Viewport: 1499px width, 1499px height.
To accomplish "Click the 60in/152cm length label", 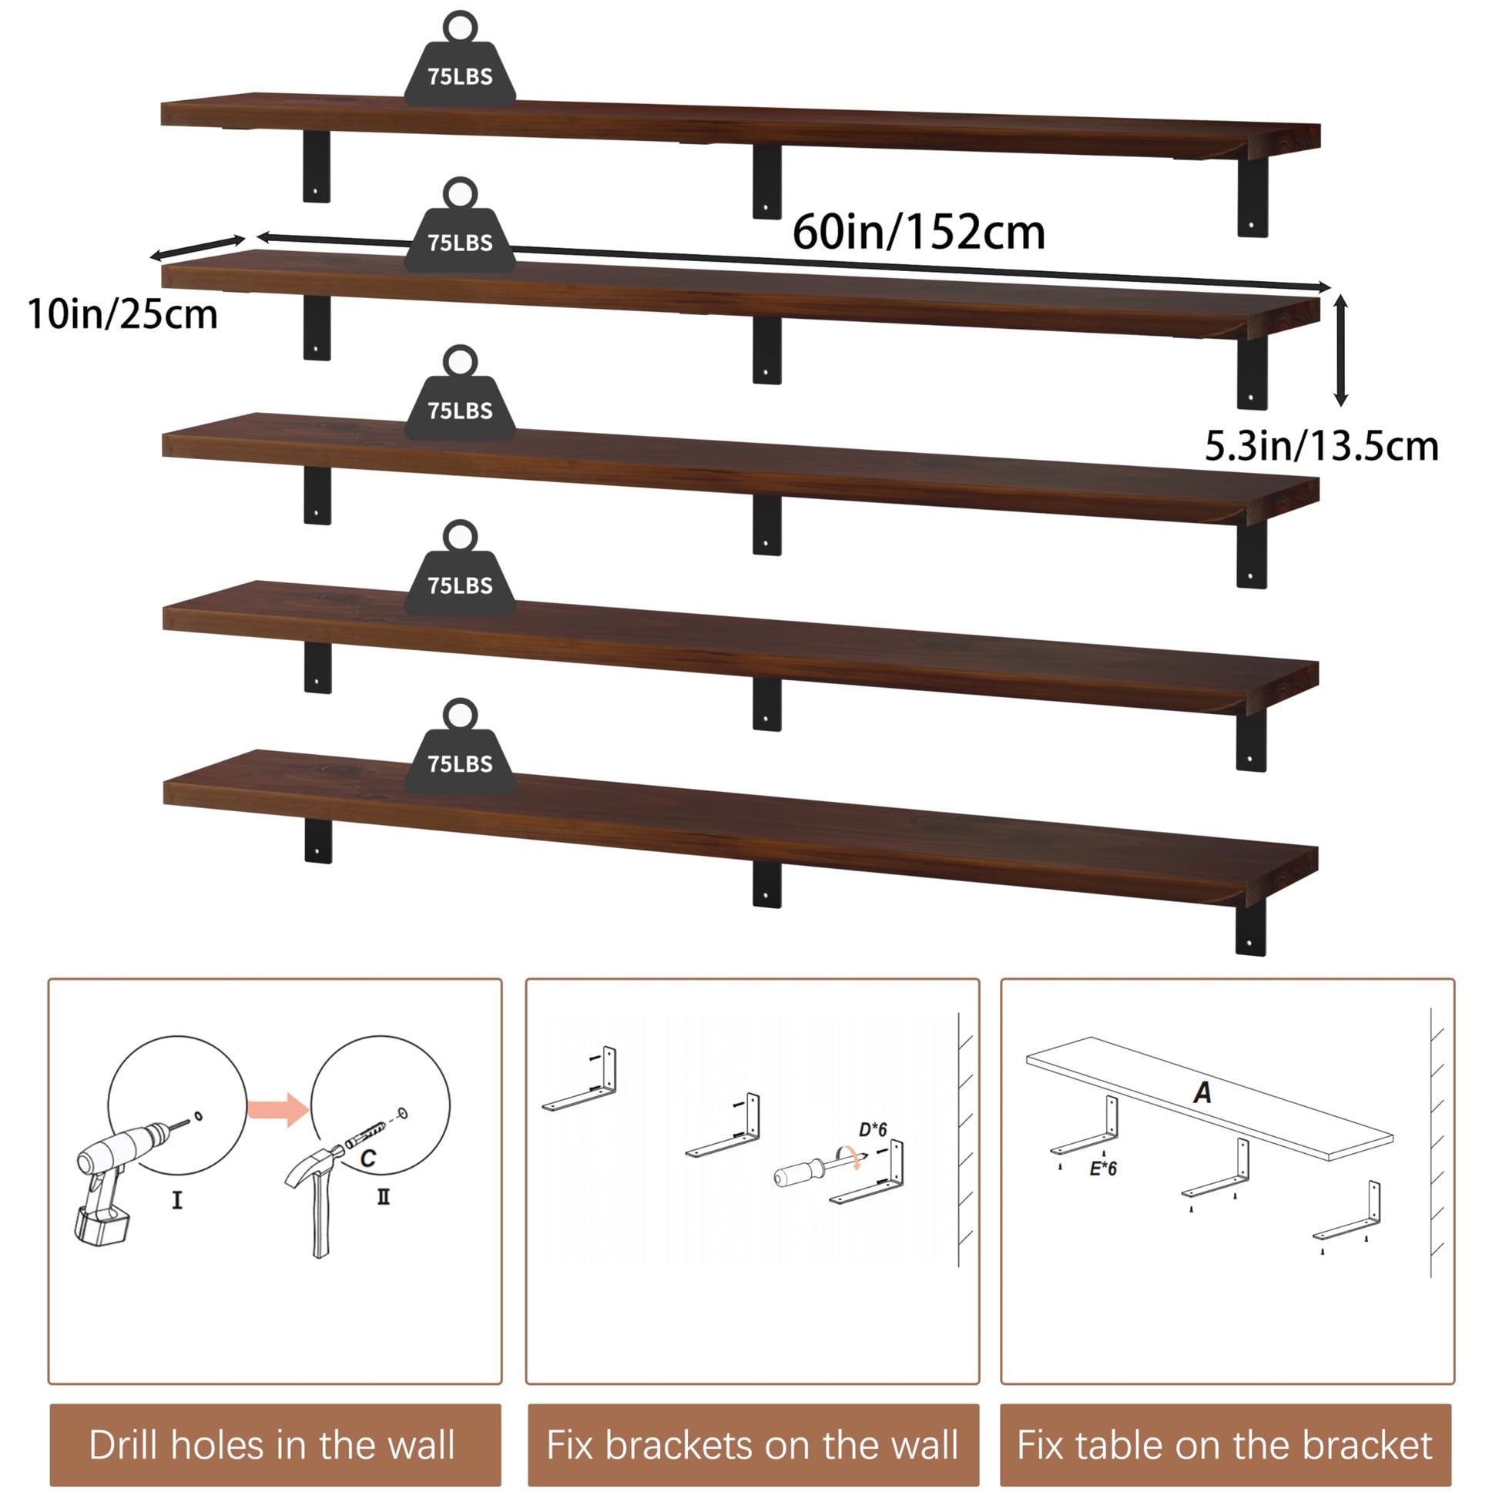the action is coord(919,232).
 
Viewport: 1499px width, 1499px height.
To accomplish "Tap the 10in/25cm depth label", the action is coord(122,314).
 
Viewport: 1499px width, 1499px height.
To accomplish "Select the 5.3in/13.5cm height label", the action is coord(1321,446).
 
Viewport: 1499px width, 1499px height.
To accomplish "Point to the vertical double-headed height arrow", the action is coord(1341,350).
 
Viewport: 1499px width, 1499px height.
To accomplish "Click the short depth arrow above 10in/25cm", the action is coord(198,247).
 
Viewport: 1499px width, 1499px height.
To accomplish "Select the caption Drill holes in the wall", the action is coord(272,1444).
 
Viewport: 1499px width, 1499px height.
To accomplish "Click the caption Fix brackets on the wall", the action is coord(753,1444).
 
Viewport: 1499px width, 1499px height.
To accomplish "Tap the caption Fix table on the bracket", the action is coord(1225,1444).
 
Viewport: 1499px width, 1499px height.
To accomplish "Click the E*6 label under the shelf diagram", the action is coord(1102,1169).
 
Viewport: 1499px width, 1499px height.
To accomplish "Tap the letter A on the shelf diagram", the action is coord(1202,1092).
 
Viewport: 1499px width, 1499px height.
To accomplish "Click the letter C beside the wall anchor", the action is coord(368,1159).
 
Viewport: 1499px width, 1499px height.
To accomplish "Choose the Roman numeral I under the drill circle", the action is coord(177,1200).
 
